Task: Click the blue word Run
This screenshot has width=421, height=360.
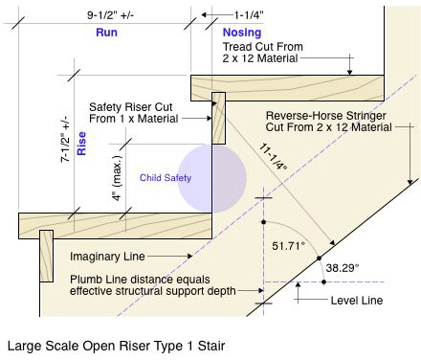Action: click(106, 33)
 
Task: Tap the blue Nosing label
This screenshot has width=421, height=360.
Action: click(242, 33)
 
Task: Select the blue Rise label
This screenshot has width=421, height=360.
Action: click(81, 144)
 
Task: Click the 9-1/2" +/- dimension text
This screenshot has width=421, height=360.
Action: click(110, 15)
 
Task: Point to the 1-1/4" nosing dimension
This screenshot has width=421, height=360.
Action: click(249, 15)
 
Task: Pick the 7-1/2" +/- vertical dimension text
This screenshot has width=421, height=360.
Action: click(65, 139)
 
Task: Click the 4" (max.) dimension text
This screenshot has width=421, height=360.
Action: click(117, 178)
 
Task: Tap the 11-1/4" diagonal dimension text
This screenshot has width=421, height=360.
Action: click(273, 157)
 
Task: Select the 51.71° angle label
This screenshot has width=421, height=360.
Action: click(288, 246)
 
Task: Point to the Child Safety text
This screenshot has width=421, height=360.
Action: click(166, 178)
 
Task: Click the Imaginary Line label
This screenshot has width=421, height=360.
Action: click(107, 257)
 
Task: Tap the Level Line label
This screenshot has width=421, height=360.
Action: click(357, 301)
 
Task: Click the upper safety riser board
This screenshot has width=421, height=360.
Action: click(218, 118)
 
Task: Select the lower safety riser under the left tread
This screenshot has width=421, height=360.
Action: click(46, 256)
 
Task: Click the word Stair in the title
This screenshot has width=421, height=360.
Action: click(211, 346)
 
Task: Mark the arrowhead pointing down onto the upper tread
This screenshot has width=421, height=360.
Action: click(349, 72)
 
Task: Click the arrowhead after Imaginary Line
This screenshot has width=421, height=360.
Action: click(189, 256)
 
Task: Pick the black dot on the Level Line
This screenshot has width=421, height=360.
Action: click(323, 281)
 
